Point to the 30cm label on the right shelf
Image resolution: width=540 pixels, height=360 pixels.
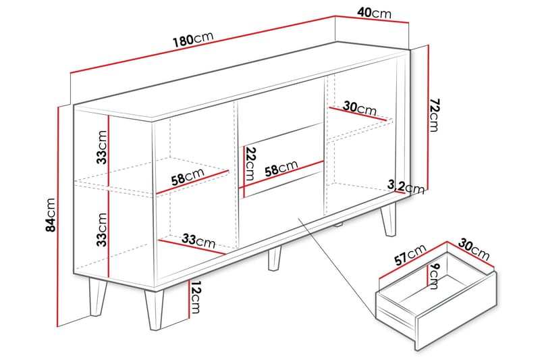[x=360, y=108]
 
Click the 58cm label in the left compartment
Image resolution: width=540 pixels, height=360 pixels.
[x=187, y=177]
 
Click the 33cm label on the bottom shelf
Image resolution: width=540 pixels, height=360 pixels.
[x=198, y=240]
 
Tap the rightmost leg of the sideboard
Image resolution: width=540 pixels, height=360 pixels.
[x=389, y=217]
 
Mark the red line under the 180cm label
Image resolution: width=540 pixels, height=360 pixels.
[x=202, y=52]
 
